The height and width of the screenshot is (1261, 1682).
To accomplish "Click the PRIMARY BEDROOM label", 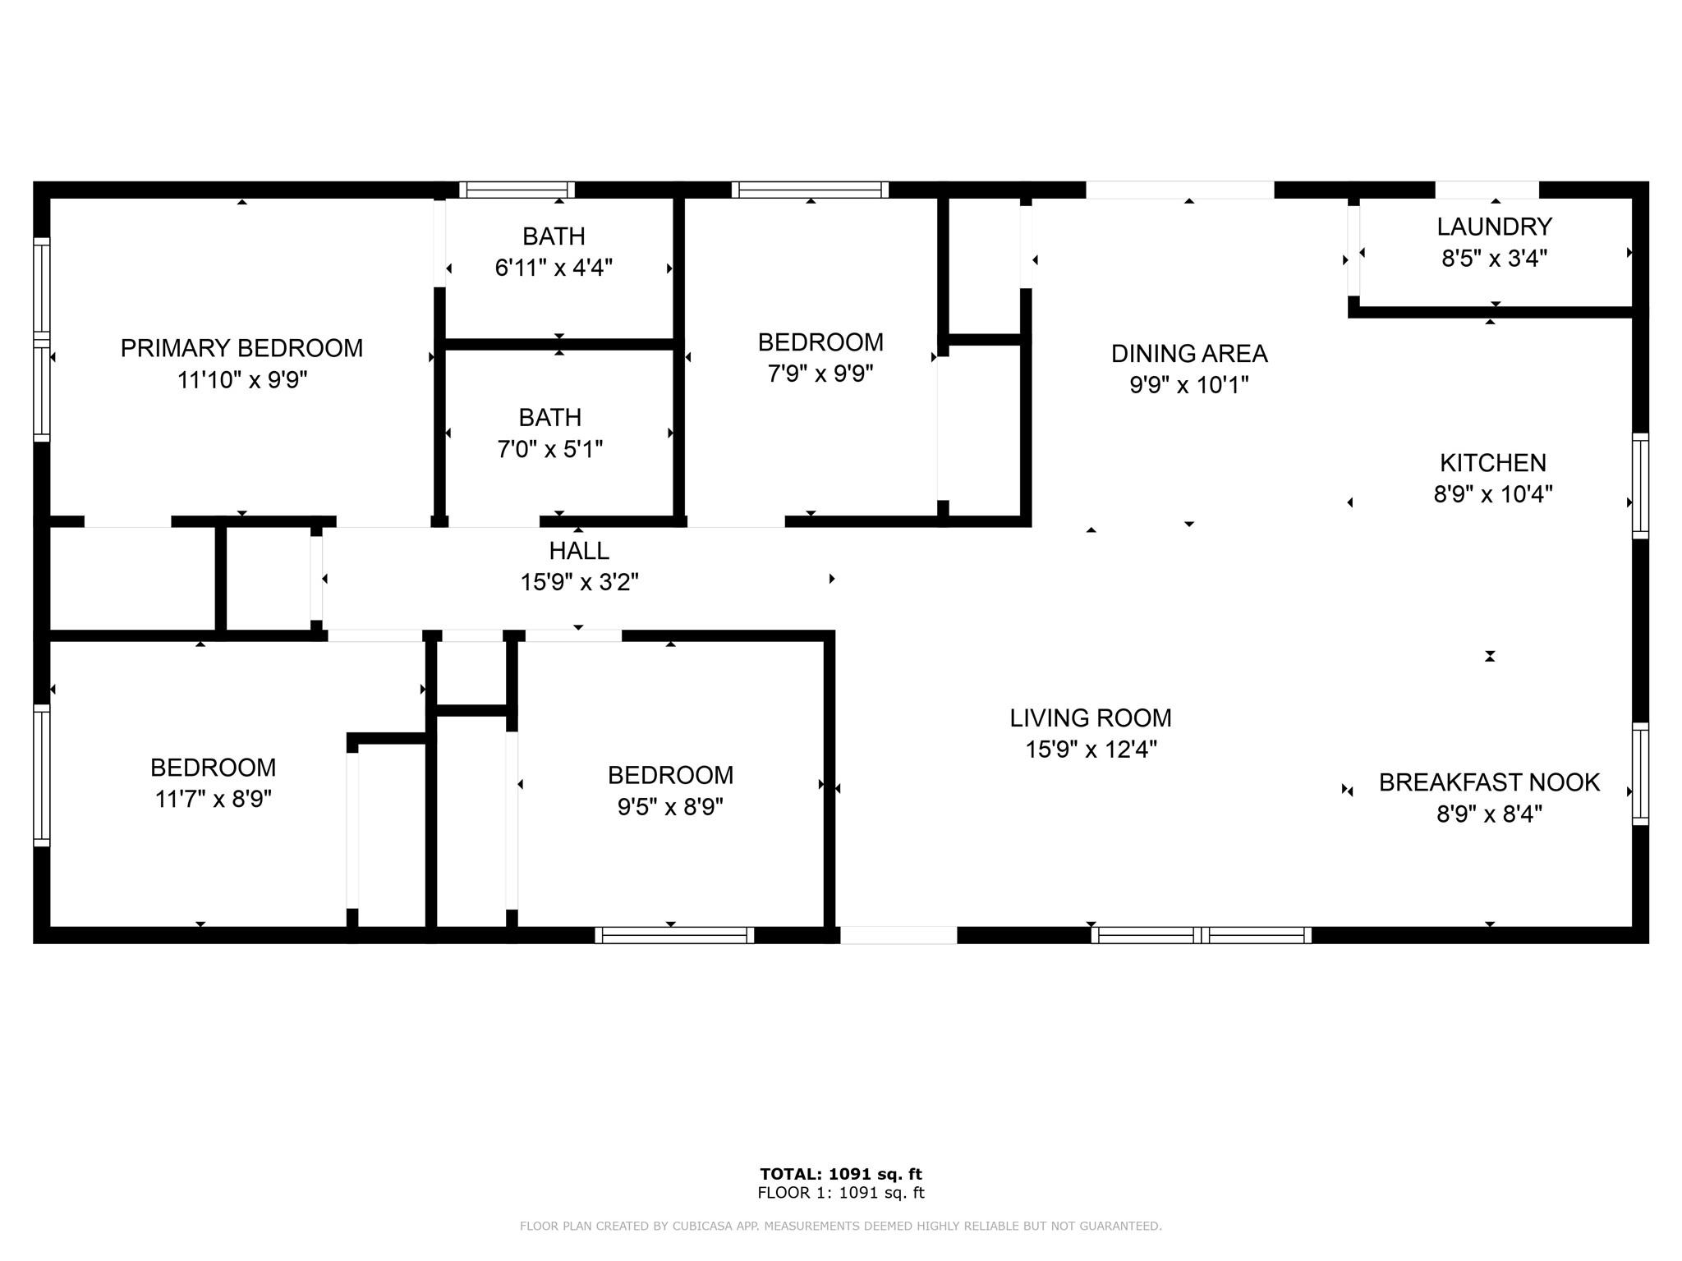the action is click(241, 348).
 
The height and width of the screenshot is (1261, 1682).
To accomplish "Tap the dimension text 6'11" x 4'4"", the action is click(554, 268).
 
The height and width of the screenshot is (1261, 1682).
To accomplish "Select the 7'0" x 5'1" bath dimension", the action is click(550, 449).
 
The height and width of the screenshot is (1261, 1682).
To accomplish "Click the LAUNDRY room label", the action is click(1494, 227).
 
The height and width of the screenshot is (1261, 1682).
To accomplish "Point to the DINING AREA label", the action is click(1189, 354).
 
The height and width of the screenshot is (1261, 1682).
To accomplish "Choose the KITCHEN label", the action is click(1493, 463).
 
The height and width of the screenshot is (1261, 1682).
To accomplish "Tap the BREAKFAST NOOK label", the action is click(1489, 782).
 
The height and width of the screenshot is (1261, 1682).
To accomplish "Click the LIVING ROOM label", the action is click(1091, 718).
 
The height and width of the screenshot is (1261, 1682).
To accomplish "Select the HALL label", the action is click(579, 551).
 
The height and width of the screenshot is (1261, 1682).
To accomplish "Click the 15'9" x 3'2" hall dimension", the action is click(579, 582).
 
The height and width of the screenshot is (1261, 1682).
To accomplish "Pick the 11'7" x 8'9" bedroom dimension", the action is click(214, 799).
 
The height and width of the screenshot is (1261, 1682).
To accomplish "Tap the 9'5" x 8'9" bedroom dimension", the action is click(670, 807).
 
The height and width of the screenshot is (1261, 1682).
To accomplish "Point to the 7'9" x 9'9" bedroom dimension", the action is click(820, 374).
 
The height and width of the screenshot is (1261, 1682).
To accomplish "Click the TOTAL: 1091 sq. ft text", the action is click(841, 1174).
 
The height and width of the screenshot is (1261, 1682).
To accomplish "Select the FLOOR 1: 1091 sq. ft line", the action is click(841, 1193).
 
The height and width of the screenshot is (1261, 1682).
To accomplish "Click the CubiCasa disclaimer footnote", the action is click(841, 1226).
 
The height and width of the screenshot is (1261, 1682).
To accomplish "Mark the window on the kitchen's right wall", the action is click(1640, 486).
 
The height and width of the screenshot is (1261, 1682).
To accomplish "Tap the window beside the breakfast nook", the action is click(1640, 773).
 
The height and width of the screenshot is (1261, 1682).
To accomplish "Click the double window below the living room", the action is click(1201, 935).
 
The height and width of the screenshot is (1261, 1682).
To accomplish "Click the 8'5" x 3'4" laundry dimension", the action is click(1494, 259).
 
